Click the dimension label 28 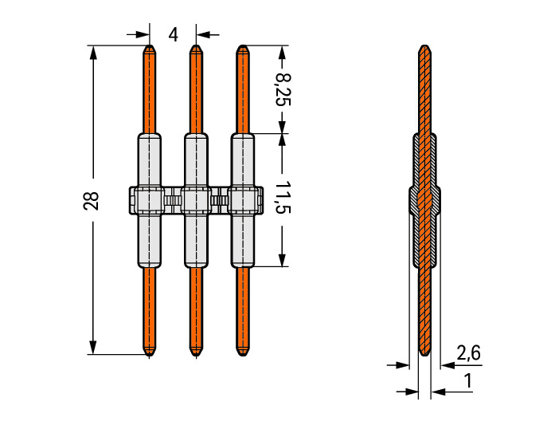click(92, 200)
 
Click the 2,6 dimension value click(468, 352)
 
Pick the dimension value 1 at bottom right click(468, 381)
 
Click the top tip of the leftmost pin click(149, 48)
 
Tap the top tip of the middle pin click(196, 48)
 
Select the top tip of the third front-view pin click(243, 48)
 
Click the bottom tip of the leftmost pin click(149, 352)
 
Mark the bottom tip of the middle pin click(196, 352)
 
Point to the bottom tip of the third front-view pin click(243, 352)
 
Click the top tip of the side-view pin click(425, 48)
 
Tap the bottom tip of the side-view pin click(425, 352)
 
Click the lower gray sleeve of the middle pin click(196, 240)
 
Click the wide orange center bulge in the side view click(425, 200)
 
